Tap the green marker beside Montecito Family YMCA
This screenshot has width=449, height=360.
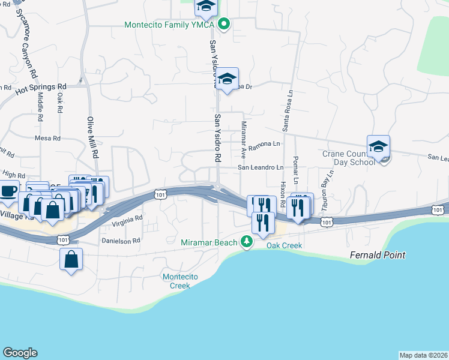[x=224, y=25]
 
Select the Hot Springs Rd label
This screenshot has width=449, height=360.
[x=41, y=88]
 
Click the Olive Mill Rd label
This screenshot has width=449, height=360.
[x=93, y=137]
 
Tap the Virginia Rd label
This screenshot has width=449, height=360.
[x=127, y=222]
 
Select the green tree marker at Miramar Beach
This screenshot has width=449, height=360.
[x=246, y=242]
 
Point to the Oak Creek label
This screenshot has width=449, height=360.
[x=284, y=245]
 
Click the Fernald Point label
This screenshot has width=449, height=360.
[x=377, y=255]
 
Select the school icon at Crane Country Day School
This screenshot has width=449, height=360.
[x=379, y=147]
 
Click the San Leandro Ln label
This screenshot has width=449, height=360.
[x=260, y=167]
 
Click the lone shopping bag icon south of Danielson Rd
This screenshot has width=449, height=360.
[x=71, y=259]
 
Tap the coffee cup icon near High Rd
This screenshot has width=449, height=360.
[x=8, y=191]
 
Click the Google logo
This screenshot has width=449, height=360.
[x=20, y=353]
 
